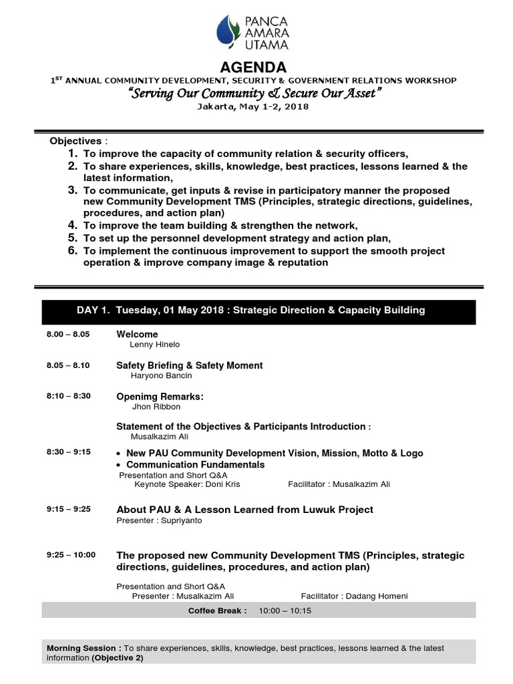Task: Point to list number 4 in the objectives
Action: [x=73, y=226]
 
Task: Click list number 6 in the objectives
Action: [x=73, y=250]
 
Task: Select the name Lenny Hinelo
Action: [x=154, y=345]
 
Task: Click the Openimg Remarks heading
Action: [x=160, y=396]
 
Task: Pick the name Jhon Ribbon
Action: [x=156, y=407]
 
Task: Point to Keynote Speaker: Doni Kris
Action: [x=187, y=484]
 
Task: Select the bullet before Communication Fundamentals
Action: [x=118, y=465]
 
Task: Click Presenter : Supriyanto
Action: [x=159, y=520]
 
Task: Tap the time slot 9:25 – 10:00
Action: [x=71, y=554]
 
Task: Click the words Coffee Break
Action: [x=217, y=611]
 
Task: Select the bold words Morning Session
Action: [x=83, y=648]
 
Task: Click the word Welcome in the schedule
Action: [x=137, y=334]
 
